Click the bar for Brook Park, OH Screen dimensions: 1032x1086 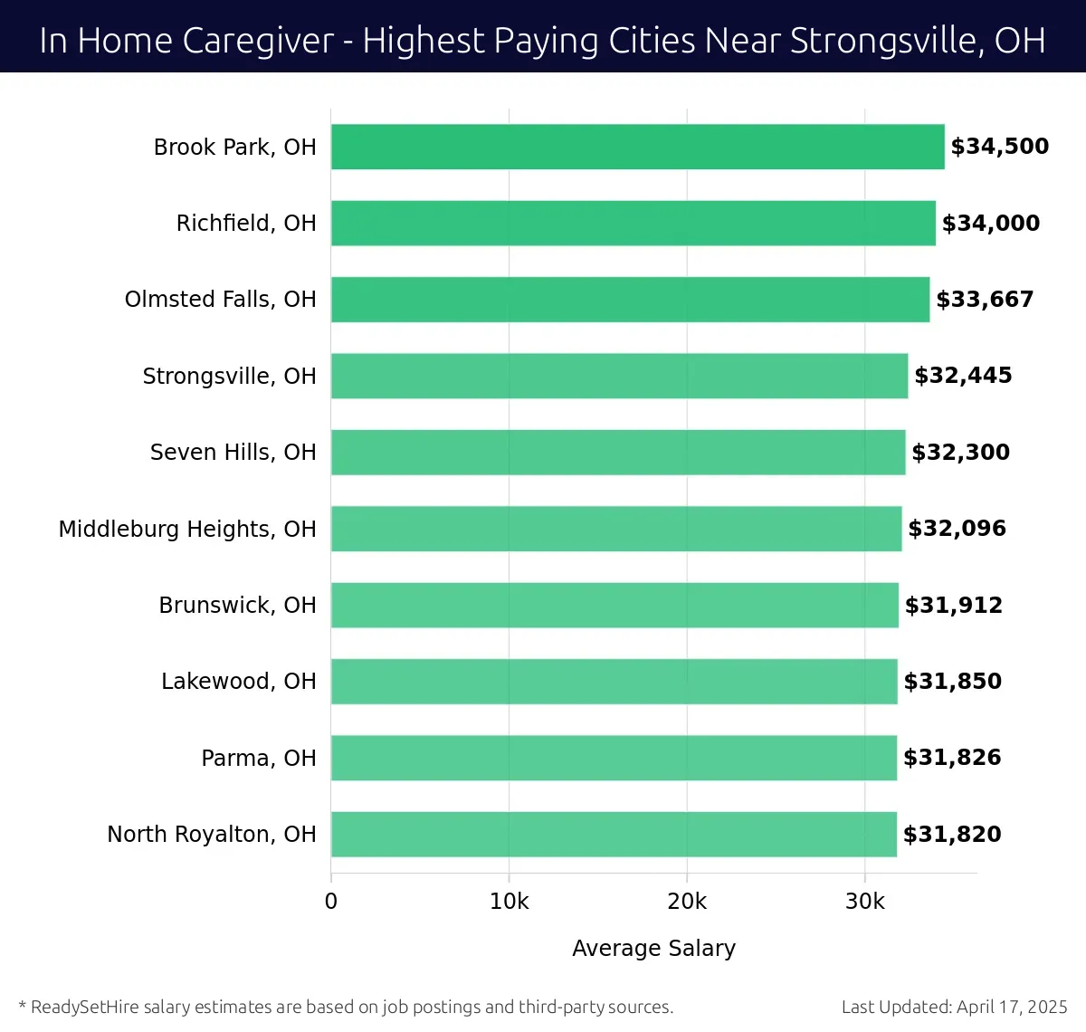[637, 147]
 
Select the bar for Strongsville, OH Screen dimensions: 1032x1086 [619, 376]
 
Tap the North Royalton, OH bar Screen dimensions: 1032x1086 [614, 834]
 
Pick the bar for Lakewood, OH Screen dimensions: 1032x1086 [614, 681]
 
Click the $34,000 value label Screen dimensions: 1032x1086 [991, 223]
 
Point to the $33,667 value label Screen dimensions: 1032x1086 [985, 299]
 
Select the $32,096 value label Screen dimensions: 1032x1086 [957, 528]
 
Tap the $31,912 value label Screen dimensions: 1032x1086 [954, 605]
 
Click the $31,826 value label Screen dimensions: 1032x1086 [952, 758]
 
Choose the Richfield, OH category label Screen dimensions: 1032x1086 [246, 223]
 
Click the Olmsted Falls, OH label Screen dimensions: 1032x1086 [220, 299]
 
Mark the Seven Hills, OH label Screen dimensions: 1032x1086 [233, 452]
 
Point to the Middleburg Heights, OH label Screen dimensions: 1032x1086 [187, 529]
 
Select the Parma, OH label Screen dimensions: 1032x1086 [258, 758]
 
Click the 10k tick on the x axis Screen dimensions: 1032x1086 [509, 902]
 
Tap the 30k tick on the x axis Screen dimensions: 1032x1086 [864, 902]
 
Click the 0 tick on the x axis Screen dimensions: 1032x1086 [331, 902]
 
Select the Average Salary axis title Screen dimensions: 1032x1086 [653, 948]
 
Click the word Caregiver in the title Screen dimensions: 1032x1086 [258, 41]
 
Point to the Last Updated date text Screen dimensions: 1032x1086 [954, 1007]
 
